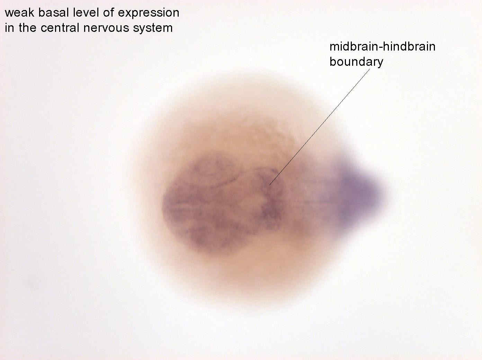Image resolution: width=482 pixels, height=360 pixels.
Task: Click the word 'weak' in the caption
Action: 19,12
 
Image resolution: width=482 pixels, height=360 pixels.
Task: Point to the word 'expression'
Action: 149,13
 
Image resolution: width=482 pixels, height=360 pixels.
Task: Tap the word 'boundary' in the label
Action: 356,62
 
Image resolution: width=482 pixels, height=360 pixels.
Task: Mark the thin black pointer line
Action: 320,127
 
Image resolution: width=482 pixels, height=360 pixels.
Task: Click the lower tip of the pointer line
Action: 269,185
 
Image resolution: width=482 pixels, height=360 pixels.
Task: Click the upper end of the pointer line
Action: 370,69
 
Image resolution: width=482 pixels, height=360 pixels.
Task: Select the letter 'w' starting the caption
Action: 9,13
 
